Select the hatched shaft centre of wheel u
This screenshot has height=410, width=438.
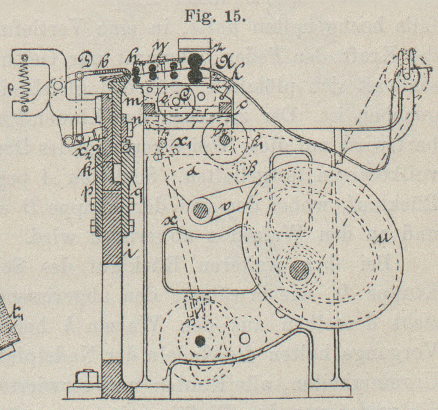click(x=299, y=269)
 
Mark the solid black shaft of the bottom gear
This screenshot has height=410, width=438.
click(x=200, y=340)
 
